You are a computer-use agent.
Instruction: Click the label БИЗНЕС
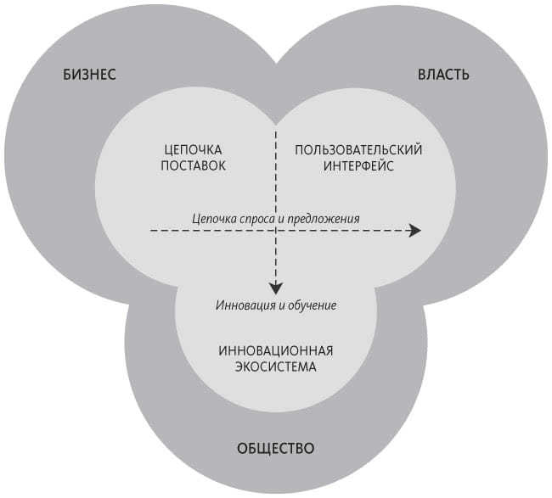pos(89,75)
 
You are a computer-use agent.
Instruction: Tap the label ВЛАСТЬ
pos(442,75)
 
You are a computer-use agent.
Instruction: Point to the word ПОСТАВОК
pos(194,165)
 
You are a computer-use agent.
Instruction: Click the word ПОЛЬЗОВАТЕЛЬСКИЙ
pos(358,149)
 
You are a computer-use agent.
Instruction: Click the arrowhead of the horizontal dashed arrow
pos(414,231)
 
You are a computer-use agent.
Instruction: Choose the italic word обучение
pos(313,305)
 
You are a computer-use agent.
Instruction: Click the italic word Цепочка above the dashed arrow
pos(212,219)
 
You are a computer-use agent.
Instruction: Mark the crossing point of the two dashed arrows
pos(275,231)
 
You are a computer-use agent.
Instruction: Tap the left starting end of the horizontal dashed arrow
pos(152,231)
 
